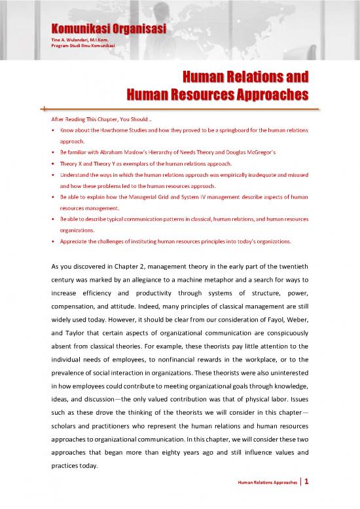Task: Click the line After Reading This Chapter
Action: pos(94,120)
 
